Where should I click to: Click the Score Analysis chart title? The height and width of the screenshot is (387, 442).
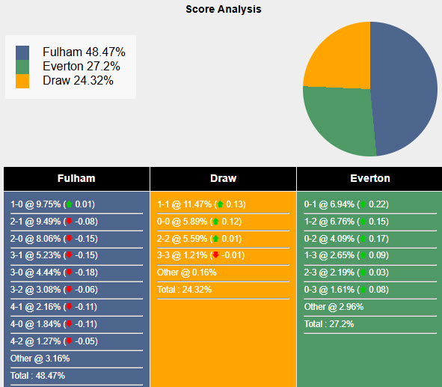click(224, 10)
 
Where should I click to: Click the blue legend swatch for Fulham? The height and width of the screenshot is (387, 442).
click(22, 52)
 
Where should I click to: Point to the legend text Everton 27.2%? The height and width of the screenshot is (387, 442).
click(81, 67)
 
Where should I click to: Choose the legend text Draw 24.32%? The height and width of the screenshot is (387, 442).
click(78, 80)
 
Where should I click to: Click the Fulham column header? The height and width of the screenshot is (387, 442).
click(76, 179)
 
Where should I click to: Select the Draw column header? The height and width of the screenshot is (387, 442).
click(223, 179)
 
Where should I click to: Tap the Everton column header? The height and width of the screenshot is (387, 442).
click(369, 179)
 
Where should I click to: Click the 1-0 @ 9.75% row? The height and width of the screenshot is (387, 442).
click(52, 204)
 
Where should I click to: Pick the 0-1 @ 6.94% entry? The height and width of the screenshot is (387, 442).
click(346, 204)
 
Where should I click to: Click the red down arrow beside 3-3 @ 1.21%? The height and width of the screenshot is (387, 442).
click(215, 256)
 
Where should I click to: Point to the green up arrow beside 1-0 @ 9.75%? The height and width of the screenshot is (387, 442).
click(69, 204)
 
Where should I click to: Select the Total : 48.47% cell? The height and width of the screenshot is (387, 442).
click(38, 375)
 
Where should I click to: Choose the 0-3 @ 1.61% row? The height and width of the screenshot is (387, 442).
click(346, 290)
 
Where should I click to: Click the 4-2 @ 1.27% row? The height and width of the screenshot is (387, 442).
click(52, 341)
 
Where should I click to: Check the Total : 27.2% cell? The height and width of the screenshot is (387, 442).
click(329, 324)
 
